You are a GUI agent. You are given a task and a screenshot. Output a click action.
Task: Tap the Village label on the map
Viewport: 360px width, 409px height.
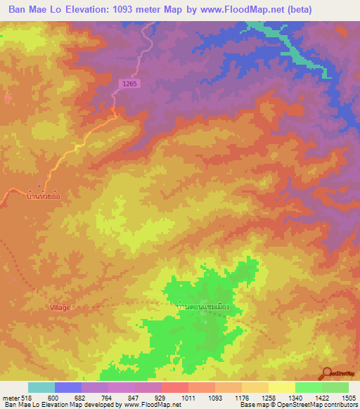point(60,308)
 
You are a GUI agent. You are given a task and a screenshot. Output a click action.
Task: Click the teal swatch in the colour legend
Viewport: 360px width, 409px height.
point(41,387)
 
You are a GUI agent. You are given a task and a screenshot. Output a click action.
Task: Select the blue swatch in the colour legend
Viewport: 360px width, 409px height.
point(68,387)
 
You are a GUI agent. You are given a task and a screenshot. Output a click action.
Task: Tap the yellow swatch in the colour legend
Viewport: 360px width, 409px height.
point(282,387)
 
